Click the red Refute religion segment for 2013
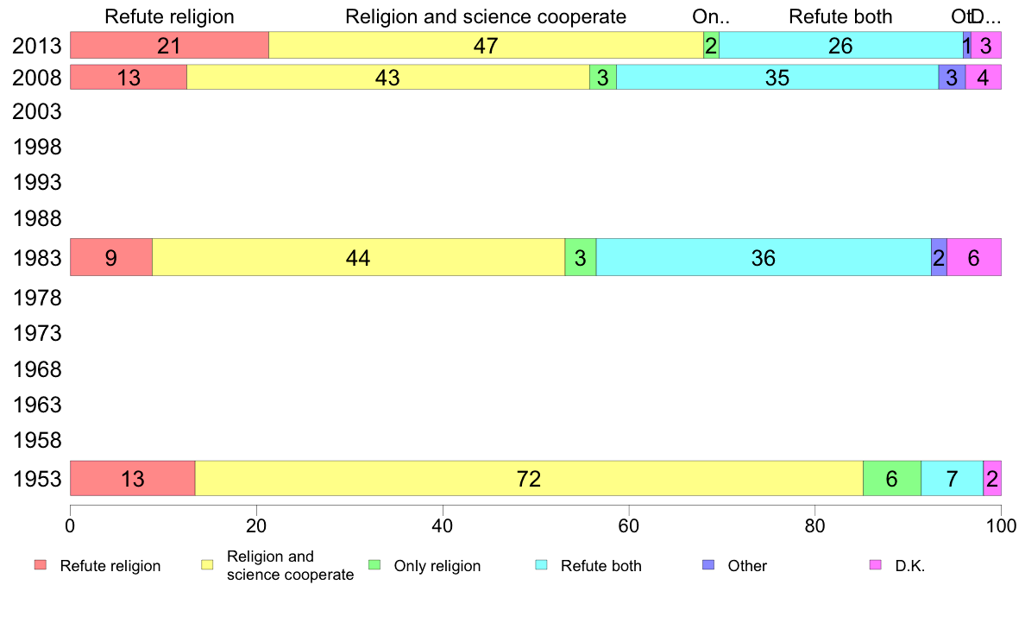coord(169,46)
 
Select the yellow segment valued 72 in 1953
coord(529,478)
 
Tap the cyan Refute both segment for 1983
coord(764,257)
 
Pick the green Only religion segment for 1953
coord(892,478)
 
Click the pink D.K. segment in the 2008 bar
coord(984,78)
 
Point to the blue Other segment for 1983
coord(939,257)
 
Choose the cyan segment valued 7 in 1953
coord(952,478)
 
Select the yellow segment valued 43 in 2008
coord(388,78)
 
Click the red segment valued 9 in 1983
coord(111,257)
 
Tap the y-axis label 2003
coord(37,112)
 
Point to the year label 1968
coord(37,370)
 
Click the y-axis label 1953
coord(37,479)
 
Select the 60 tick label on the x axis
coord(628,524)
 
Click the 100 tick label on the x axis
coord(1000,524)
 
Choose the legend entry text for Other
coord(747,566)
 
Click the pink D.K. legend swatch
coord(875,565)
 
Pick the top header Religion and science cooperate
coord(486,16)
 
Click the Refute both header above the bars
coord(840,16)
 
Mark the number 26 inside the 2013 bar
coord(840,47)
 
